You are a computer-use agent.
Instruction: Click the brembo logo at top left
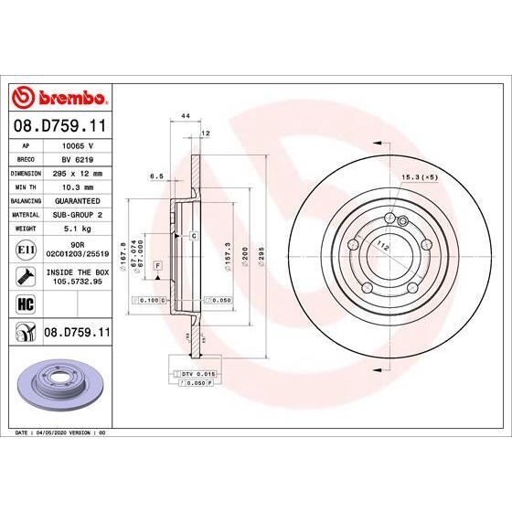point(59,97)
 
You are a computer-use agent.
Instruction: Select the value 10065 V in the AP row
point(77,145)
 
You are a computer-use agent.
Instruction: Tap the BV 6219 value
point(77,158)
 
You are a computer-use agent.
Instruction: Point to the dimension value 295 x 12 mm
point(77,171)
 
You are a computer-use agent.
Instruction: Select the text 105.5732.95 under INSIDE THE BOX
point(77,282)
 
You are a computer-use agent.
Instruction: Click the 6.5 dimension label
point(156,176)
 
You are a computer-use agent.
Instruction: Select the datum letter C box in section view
point(194,237)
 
